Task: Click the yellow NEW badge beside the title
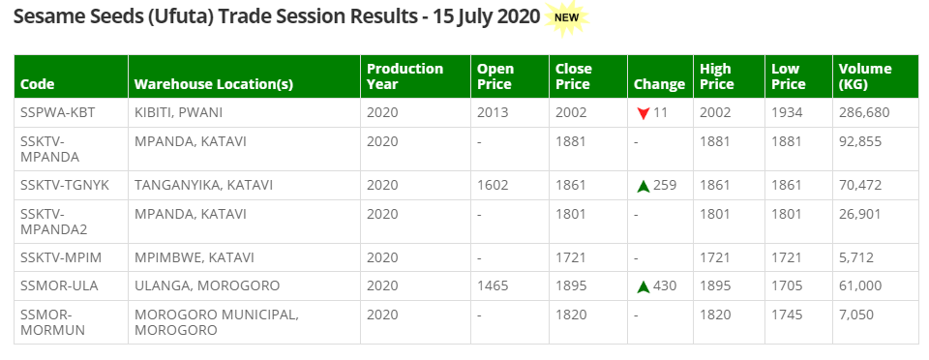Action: (x=566, y=17)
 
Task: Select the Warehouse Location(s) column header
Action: (x=213, y=84)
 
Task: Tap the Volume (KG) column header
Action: (x=865, y=76)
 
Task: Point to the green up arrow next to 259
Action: (x=643, y=186)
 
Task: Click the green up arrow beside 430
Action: (x=643, y=286)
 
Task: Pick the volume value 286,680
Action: (x=863, y=112)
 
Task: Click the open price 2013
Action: (x=493, y=112)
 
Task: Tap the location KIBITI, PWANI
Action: (x=178, y=112)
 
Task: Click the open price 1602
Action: (x=493, y=185)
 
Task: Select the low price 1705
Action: (x=787, y=285)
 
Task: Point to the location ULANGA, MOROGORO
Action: (x=207, y=285)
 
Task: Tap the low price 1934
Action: (x=787, y=112)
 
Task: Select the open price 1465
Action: (x=493, y=285)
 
